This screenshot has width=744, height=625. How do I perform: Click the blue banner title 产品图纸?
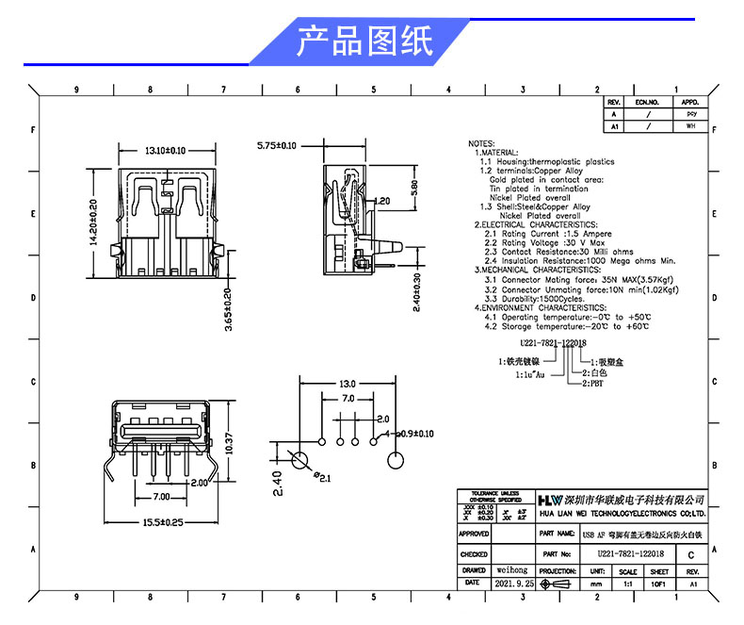point(364,41)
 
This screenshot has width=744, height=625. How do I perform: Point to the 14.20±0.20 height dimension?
point(93,222)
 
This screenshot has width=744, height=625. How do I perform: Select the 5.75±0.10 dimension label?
point(277,146)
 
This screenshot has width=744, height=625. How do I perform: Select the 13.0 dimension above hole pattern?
point(347,384)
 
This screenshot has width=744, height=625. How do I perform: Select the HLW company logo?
point(548,498)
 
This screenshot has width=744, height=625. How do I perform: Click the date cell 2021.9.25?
point(513,584)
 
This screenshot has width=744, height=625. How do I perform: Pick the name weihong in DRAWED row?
point(512,570)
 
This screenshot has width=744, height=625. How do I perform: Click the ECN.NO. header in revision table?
point(646,102)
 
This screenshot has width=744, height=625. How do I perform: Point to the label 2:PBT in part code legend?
point(593,383)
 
